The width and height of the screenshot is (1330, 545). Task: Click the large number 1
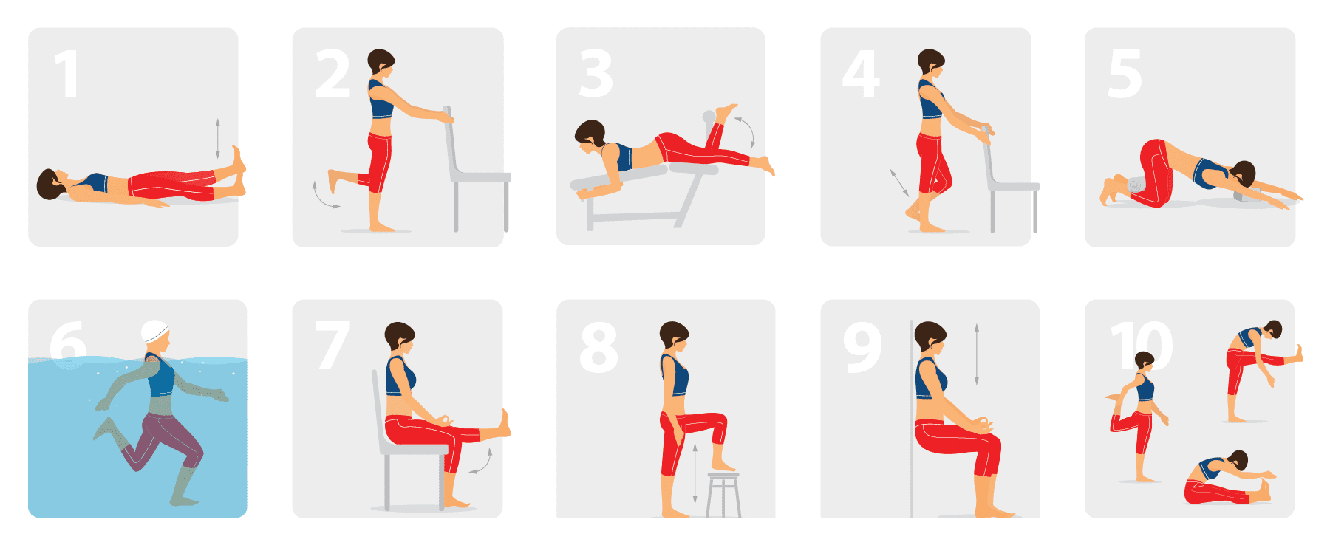click(67, 74)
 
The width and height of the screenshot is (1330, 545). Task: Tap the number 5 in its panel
click(1125, 74)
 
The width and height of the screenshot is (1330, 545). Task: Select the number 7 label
click(332, 345)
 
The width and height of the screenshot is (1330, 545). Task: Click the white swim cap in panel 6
click(154, 332)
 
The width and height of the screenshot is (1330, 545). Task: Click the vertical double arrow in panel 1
click(217, 138)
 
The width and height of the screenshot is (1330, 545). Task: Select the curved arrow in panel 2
click(323, 196)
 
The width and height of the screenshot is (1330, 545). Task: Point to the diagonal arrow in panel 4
click(899, 182)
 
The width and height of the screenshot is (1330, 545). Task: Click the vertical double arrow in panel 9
click(976, 354)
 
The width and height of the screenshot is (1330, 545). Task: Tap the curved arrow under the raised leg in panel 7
click(482, 462)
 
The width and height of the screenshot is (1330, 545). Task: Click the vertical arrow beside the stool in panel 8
click(695, 473)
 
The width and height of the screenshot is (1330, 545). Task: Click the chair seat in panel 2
click(480, 177)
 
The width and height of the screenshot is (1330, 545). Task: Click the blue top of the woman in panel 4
click(930, 103)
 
